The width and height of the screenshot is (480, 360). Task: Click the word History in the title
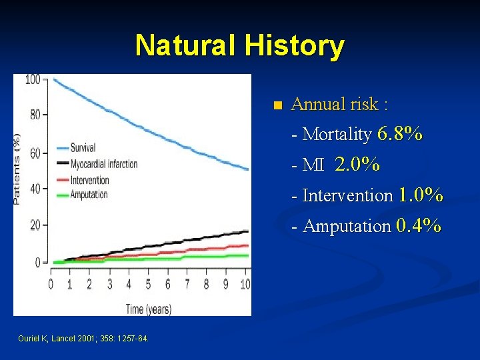coord(294,46)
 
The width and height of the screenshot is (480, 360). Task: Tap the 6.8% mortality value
coord(400,134)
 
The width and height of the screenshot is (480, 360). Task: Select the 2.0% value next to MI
coord(357,165)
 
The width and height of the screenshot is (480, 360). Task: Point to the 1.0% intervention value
coord(421,195)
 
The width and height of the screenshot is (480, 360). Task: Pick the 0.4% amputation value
coord(418,225)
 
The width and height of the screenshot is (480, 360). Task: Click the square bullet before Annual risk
coord(278,105)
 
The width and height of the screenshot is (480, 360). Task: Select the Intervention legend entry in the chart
coord(90,179)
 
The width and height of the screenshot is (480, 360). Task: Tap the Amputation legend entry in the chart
coord(89,194)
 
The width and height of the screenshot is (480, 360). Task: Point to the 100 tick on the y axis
coord(33,79)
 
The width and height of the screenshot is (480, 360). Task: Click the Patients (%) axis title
coord(18,169)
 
